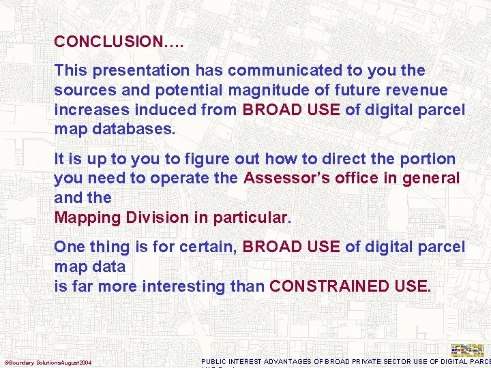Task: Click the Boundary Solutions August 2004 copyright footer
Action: [x=48, y=362]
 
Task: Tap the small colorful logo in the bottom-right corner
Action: [x=467, y=350]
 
